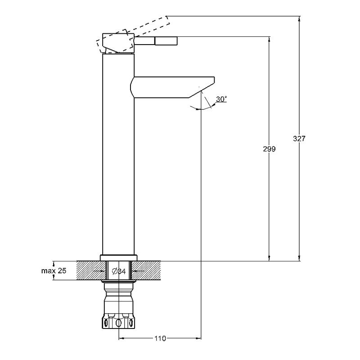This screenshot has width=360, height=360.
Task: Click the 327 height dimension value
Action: click(299, 139)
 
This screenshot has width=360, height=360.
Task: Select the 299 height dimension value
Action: click(269, 149)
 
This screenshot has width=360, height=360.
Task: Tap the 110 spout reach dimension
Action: click(160, 338)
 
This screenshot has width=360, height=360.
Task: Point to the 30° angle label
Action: click(221, 99)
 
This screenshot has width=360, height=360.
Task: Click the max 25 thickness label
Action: click(54, 271)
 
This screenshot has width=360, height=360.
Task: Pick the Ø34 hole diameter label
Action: click(119, 271)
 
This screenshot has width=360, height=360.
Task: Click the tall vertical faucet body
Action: click(118, 154)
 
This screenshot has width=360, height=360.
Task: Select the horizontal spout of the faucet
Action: click(172, 87)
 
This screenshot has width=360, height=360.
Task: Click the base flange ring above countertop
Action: click(118, 258)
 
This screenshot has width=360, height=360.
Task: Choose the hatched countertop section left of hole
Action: click(91, 271)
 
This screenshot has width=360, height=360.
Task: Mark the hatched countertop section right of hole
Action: click(146, 271)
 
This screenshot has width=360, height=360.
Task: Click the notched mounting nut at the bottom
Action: click(118, 321)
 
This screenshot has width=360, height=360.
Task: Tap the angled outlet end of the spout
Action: click(202, 88)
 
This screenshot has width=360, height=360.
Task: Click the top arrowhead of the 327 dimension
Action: click(299, 19)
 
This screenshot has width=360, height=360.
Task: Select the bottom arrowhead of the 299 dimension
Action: click(269, 258)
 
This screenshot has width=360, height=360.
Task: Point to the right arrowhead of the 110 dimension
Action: click(198, 338)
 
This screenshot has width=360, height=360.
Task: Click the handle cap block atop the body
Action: click(118, 43)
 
